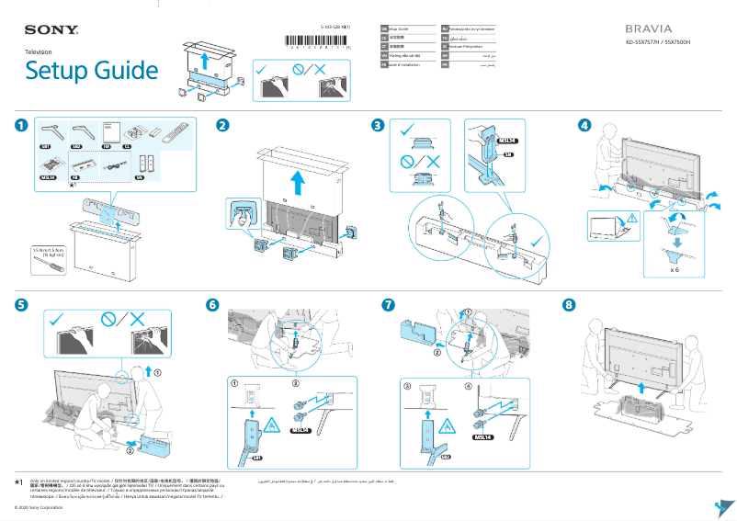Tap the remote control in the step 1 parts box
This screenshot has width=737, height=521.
click(176, 132)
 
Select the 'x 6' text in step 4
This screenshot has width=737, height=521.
click(675, 271)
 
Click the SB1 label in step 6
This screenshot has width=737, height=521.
click(257, 456)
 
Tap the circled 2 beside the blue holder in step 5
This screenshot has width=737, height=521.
click(130, 451)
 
